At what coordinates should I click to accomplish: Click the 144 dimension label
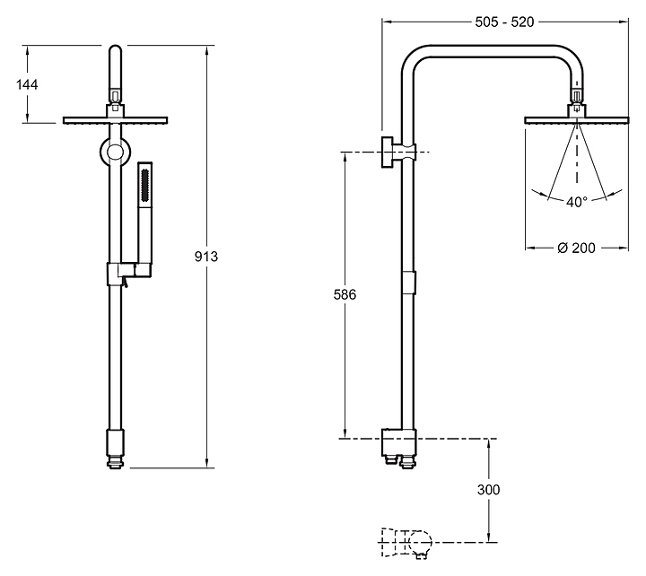(27, 84)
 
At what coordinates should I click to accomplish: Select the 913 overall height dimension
(206, 257)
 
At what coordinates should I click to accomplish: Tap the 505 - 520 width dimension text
(504, 22)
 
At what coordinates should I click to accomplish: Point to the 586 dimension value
(345, 294)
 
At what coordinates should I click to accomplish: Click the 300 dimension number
(489, 490)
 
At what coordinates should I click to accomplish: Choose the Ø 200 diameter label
(576, 248)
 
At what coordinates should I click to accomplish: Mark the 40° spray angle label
(576, 202)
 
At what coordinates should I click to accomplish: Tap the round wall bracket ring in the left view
(115, 152)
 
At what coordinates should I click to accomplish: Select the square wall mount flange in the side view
(387, 152)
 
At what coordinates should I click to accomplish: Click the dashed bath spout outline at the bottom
(406, 542)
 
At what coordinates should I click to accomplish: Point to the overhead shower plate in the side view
(576, 120)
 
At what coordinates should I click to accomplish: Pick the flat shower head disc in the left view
(116, 120)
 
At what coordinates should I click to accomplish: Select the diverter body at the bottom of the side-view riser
(398, 442)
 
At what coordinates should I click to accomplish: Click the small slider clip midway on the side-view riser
(409, 283)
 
